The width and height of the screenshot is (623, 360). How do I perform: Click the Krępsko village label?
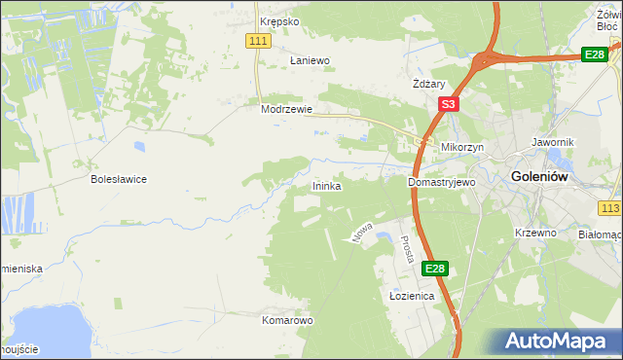pos(279,20)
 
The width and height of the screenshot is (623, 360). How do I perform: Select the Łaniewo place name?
pos(311,60)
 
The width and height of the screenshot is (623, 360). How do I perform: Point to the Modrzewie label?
pos(286,110)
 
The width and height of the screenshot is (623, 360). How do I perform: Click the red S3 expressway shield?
pos(448,104)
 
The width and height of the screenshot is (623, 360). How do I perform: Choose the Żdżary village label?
pos(429,84)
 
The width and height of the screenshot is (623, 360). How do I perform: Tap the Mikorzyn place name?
pos(460,148)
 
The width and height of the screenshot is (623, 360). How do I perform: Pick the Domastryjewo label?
pos(440,182)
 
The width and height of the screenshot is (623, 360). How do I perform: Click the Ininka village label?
pos(326,186)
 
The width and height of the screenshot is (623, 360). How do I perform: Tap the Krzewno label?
pos(534,234)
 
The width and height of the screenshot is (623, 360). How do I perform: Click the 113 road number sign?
pos(610,209)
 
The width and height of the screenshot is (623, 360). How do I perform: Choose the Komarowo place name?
pos(287,319)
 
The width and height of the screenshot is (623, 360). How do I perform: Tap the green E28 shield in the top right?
pos(595,54)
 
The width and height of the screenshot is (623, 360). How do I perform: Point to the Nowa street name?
pos(362,231)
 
